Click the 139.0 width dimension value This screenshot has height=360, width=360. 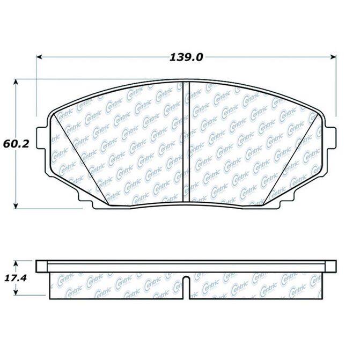[x=186, y=57]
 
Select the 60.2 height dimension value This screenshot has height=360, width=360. [x=16, y=144]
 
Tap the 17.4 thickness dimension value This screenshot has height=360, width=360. [x=16, y=278]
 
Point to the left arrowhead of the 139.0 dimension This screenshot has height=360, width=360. [x=40, y=57]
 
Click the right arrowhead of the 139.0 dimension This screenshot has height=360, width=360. [x=333, y=57]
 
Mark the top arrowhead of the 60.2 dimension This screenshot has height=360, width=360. [x=16, y=83]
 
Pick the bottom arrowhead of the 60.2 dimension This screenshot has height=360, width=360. [x=16, y=205]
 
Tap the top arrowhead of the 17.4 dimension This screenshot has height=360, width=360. [x=16, y=263]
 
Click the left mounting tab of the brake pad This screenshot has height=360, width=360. [x=41, y=137]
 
